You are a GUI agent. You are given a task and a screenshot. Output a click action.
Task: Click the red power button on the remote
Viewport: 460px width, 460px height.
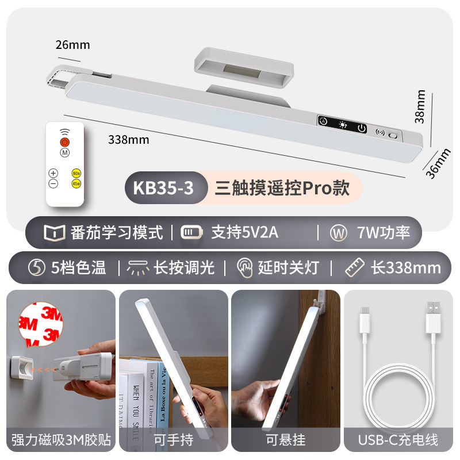[64, 142]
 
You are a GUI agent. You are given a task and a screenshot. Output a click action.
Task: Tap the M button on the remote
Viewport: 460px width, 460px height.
[64, 152]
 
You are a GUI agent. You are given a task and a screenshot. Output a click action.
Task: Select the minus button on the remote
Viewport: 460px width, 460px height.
[53, 183]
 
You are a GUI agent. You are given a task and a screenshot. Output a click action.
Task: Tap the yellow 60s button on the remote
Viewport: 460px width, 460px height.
[76, 173]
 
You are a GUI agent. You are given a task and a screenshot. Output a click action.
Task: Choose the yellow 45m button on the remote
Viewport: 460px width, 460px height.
[76, 183]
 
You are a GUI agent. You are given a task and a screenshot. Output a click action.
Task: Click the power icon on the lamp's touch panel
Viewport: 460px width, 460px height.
[361, 128]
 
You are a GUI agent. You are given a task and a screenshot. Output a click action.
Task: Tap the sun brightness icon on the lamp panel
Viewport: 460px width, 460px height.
[343, 125]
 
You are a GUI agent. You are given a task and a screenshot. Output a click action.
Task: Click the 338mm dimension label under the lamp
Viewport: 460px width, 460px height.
[128, 139]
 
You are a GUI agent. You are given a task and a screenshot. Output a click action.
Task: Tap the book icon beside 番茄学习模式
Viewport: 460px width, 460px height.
[53, 233]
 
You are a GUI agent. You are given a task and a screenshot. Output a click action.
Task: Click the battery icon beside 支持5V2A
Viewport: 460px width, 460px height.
[191, 233]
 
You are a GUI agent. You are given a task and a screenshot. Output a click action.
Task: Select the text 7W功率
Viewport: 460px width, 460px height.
[383, 233]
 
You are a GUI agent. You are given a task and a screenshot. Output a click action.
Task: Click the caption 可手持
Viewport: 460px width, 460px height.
[174, 440]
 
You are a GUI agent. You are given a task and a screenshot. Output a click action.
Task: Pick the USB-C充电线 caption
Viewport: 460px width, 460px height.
[398, 440]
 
